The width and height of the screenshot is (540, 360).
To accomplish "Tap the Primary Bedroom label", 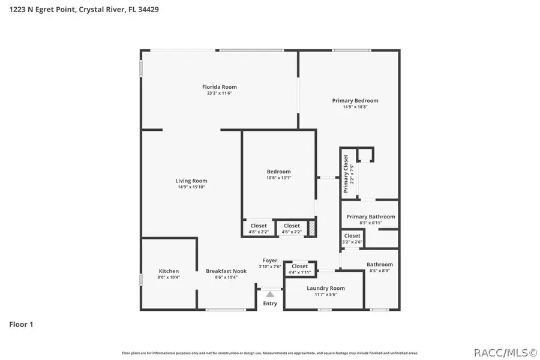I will (355, 101).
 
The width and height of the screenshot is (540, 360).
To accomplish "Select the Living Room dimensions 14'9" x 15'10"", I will (191, 187).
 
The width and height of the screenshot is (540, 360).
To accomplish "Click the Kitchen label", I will (169, 271).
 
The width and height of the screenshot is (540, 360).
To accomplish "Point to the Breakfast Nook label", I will (226, 271).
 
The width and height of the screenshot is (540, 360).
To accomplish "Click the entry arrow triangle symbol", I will (270, 294).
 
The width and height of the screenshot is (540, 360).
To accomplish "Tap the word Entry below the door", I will (270, 304).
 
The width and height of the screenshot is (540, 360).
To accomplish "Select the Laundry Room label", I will (326, 288).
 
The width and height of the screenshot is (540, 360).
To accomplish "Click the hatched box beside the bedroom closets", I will (312, 229).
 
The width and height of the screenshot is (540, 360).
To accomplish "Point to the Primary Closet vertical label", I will (346, 174).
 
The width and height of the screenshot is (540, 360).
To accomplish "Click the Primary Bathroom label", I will (370, 217).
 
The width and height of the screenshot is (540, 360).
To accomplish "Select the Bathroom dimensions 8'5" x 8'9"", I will (379, 271).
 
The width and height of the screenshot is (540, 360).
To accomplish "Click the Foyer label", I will (269, 260).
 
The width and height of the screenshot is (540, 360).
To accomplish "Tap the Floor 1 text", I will (21, 325).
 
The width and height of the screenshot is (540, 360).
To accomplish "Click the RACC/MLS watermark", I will (505, 352).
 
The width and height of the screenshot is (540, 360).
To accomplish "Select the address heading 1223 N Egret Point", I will (84, 10).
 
